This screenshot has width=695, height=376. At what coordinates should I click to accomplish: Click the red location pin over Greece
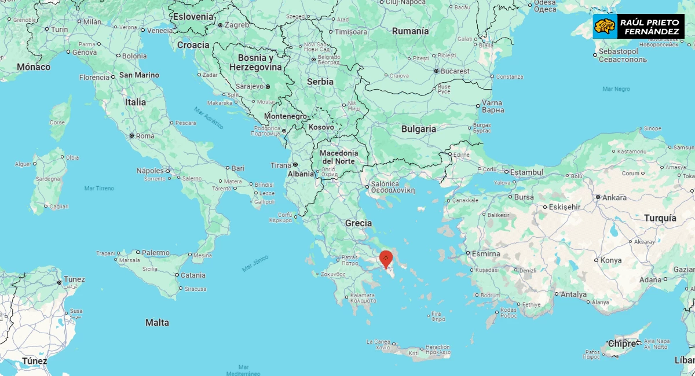pos(386,259)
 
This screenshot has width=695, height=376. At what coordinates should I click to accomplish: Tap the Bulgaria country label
pos(418,129)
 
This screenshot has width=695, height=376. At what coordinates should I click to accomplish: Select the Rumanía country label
pos(410,31)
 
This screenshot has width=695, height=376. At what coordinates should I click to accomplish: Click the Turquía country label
pos(660,218)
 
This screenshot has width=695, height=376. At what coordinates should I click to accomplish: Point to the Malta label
pos(157,322)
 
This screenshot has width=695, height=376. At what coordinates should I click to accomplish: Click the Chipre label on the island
pos(621,344)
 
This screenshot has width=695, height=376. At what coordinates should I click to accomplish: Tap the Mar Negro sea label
pos(616,89)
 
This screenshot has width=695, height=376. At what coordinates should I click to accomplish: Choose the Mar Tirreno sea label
pos(99,188)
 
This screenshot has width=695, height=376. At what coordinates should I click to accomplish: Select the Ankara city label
pos(613,197)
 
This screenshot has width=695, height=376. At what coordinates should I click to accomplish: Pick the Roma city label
pos(145,136)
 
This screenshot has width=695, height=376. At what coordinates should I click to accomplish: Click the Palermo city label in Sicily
pos(156,253)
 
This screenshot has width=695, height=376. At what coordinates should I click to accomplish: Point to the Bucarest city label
pos(455,71)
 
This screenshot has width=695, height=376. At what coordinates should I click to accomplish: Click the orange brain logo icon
pos(605,27)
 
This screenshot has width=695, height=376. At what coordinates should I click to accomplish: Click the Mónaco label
pos(34,67)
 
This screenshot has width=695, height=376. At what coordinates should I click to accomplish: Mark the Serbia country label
pos(320,82)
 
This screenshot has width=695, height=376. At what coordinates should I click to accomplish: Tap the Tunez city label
pos(74,279)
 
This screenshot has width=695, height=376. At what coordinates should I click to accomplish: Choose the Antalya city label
pos(573,294)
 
